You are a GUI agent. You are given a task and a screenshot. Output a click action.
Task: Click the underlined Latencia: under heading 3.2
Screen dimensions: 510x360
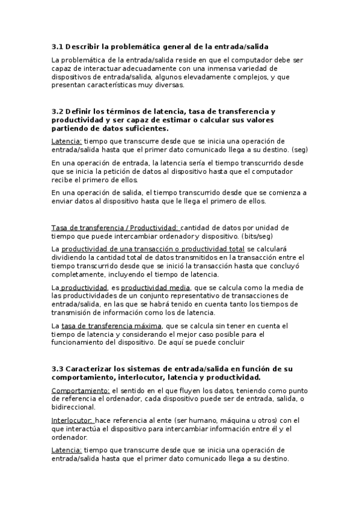pyautogui.click(x=67, y=141)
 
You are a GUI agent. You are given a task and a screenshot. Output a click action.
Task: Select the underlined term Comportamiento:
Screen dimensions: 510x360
pyautogui.click(x=80, y=390)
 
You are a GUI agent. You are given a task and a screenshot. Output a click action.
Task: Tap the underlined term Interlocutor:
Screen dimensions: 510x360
pyautogui.click(x=72, y=420)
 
